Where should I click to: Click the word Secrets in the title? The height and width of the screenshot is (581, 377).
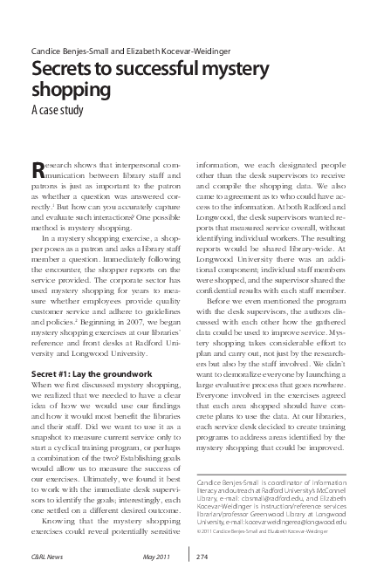pos(59,71)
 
